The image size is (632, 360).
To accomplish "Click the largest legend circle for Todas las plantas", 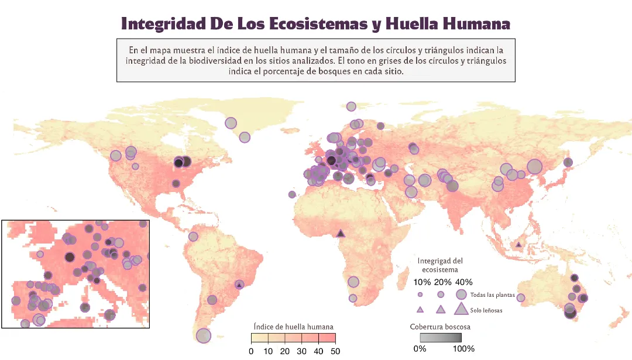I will point(462,294).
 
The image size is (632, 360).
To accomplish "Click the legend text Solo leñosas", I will point(486,311).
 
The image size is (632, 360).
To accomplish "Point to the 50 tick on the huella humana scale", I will point(335,351).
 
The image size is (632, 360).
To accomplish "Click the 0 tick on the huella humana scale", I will point(251,351).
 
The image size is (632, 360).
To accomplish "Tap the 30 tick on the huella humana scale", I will point(301,351).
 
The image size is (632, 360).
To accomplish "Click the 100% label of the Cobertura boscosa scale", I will point(463,349).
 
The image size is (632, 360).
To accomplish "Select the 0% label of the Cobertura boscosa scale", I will point(420,349).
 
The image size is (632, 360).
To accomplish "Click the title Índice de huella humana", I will point(294,326).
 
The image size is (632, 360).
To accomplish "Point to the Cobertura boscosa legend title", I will point(440,327).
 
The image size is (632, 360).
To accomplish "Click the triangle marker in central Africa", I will point(341,234).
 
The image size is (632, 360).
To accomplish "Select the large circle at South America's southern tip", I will point(203,335).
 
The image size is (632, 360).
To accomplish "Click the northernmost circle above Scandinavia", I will point(351,107).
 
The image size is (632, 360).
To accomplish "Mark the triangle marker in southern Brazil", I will point(239,284).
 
